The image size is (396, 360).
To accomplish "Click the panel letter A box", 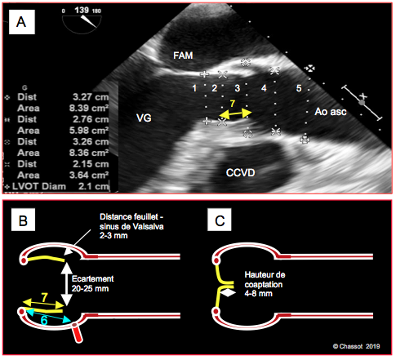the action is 22,22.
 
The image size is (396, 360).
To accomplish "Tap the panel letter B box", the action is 23,220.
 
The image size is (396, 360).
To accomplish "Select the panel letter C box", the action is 220,220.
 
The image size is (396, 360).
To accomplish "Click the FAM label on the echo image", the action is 183,56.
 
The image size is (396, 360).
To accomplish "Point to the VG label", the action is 144,118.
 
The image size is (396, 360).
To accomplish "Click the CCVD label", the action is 240,172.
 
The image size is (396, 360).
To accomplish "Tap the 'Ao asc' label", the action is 331,112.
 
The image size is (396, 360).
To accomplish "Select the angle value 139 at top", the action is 82,10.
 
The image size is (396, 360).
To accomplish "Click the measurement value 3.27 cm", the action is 91,97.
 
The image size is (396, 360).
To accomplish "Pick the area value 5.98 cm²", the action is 89,131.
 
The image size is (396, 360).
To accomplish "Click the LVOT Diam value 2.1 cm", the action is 94,186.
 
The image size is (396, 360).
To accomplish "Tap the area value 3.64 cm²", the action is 89,175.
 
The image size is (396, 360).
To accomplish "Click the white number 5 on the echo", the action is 299,88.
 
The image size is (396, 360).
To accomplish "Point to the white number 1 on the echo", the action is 194,88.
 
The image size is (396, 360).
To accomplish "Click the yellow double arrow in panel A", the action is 235,113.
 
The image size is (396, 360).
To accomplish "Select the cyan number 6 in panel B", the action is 44,320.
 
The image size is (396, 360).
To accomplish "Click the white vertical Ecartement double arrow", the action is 66,284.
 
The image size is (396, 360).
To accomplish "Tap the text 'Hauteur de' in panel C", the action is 265,275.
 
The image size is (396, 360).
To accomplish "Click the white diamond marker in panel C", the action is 228,293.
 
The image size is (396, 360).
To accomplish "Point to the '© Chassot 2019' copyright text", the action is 356,346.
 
